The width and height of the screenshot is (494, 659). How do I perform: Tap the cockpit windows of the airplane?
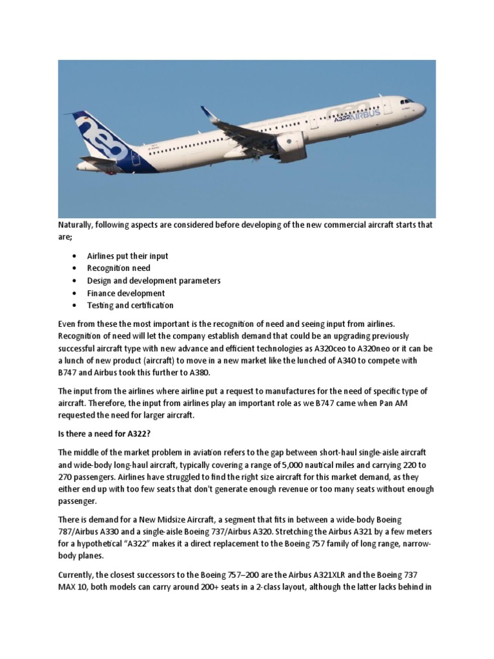coord(407,101)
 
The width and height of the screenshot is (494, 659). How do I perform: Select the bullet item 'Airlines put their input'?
coord(127,256)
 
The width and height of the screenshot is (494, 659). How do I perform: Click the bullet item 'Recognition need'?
coord(118,268)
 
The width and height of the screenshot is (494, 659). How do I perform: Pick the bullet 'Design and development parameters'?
coord(154,281)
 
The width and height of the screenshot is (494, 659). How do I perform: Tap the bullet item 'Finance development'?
coord(126,293)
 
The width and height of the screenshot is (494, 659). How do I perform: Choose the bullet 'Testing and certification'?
coord(130,305)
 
